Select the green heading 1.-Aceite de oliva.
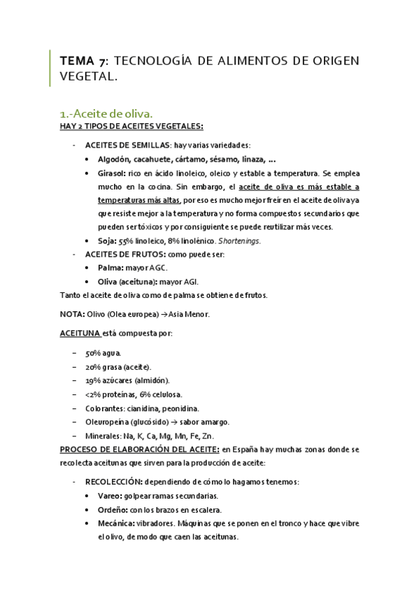(x=105, y=113)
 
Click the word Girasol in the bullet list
(x=114, y=173)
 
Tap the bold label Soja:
(x=111, y=241)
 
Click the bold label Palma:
(x=114, y=268)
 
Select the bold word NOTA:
(x=73, y=314)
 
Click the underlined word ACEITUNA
(x=79, y=334)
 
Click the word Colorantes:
(x=108, y=408)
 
